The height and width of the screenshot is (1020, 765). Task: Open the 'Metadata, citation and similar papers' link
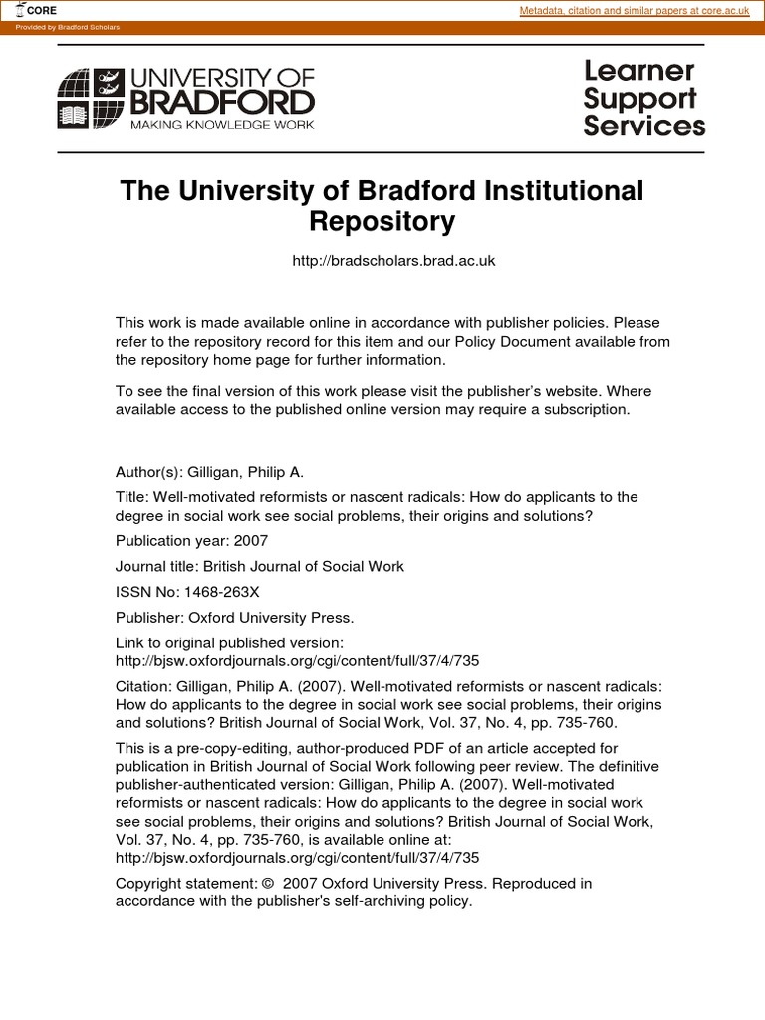635,10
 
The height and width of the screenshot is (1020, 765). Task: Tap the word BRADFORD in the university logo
222,102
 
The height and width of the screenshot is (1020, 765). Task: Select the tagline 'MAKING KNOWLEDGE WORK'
222,125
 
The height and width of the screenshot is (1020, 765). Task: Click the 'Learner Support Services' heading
643,99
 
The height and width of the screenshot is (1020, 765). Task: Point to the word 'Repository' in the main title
382,221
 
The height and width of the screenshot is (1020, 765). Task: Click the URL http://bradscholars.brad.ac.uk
393,261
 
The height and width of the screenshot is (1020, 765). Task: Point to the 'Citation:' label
143,686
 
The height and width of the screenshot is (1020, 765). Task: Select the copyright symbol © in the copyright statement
267,884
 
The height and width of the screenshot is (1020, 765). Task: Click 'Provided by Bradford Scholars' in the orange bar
68,27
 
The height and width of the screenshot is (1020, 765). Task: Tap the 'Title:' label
132,497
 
